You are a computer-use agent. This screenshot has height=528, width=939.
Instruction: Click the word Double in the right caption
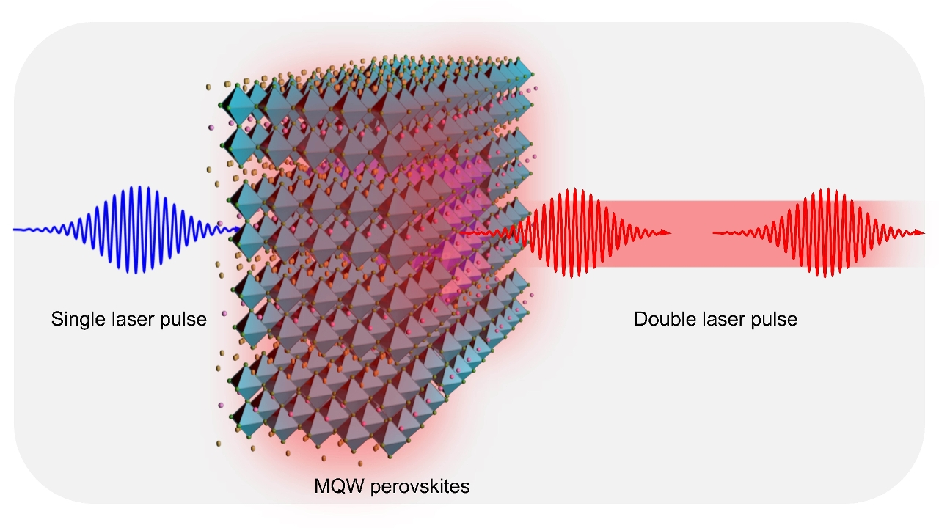coord(663,320)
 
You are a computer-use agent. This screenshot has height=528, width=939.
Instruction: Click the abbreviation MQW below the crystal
coord(335,486)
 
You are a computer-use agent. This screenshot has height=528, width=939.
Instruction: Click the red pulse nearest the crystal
coord(580,233)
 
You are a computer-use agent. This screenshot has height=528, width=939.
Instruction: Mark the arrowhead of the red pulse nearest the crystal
coord(667,233)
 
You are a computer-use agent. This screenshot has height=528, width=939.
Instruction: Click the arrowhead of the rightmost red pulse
coord(920,233)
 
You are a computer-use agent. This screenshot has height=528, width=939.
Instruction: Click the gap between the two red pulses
coord(692,233)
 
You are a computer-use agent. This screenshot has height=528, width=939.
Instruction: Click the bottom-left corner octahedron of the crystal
coord(245,418)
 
